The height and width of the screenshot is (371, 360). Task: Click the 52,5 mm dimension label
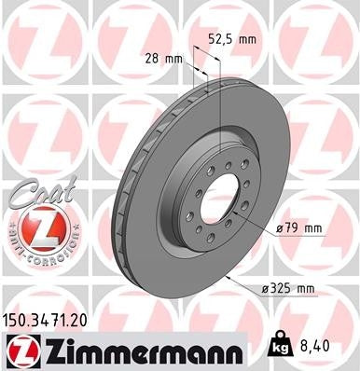point(229,40)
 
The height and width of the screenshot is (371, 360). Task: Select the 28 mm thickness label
point(164,59)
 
